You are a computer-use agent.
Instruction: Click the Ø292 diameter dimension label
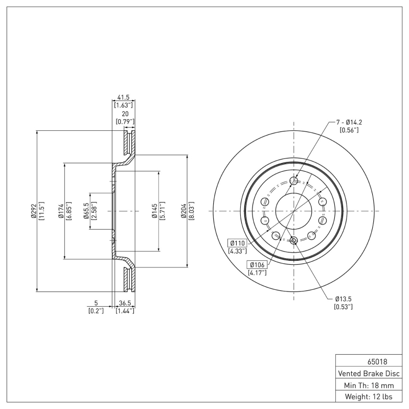click(x=33, y=211)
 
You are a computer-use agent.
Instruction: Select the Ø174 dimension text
click(x=60, y=211)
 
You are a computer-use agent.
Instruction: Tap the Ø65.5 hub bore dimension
click(x=86, y=211)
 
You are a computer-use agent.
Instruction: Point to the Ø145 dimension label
click(x=154, y=211)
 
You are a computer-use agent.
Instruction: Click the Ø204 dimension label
click(x=183, y=211)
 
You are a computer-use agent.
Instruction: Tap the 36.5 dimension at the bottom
click(x=125, y=303)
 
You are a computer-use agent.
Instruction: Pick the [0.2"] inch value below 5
click(x=96, y=311)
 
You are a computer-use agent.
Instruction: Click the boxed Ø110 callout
click(x=238, y=242)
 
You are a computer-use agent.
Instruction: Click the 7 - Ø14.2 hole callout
click(x=349, y=122)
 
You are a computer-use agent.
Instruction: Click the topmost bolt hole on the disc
click(x=294, y=180)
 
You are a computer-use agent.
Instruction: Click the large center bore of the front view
click(x=294, y=211)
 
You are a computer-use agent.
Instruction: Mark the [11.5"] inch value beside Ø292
click(x=41, y=211)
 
